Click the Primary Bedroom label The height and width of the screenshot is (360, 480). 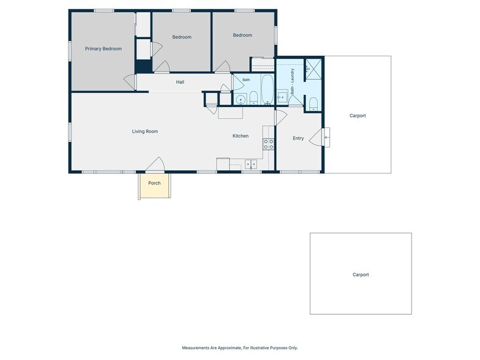103,49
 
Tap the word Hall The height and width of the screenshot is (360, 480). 180,82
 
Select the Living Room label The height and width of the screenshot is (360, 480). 144,131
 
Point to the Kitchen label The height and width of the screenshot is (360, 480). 240,136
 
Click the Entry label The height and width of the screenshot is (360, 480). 298,138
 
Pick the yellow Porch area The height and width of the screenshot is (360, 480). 154,186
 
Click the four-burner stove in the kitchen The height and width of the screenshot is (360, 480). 268,144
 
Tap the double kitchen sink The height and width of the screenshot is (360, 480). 251,164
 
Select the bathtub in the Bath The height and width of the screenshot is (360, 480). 267,89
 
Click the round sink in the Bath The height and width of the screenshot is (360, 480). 241,99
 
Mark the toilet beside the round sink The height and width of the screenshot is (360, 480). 253,98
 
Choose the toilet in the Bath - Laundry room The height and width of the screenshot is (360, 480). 313,104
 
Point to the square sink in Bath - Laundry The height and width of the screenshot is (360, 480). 282,97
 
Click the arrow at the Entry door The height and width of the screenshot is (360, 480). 327,137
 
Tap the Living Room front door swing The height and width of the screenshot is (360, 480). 156,164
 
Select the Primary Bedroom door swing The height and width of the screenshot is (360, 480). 130,82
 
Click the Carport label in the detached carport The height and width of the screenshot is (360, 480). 361,274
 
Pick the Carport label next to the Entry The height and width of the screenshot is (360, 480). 358,116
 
